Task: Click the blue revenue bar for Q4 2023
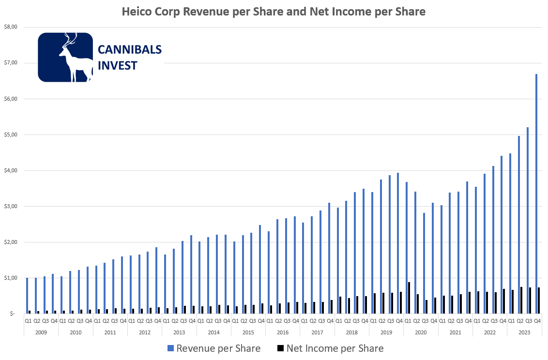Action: click(536, 194)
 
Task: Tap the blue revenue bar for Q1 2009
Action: click(27, 296)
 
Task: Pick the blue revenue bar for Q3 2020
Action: click(424, 263)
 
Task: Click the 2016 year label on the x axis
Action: click(282, 332)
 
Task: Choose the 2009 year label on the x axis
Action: click(41, 332)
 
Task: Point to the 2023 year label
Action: click(524, 332)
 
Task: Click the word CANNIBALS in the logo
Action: click(130, 49)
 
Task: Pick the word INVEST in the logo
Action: click(118, 65)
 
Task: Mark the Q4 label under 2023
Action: click(537, 321)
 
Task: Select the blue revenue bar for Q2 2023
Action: click(519, 225)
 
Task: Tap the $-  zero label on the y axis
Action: click(13, 314)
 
